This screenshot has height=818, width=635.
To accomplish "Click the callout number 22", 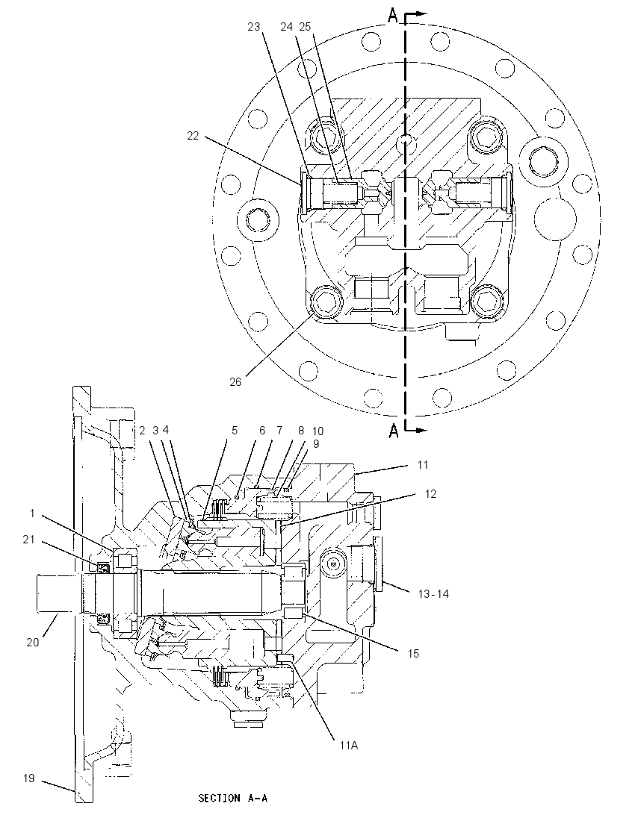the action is tap(193, 136).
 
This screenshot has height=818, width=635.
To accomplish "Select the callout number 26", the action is tap(235, 382).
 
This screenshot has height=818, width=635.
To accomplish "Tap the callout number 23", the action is tap(254, 27).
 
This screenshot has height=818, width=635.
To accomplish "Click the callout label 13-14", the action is tap(433, 593).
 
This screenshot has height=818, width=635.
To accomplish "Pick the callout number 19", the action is tap(28, 778).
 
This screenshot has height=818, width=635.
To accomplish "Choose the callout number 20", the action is tap(32, 642).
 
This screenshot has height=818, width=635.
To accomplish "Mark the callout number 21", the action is tap(28, 540).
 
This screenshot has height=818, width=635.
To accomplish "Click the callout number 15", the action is tap(413, 653).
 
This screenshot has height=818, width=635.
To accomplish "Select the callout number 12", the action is tap(430, 493).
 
